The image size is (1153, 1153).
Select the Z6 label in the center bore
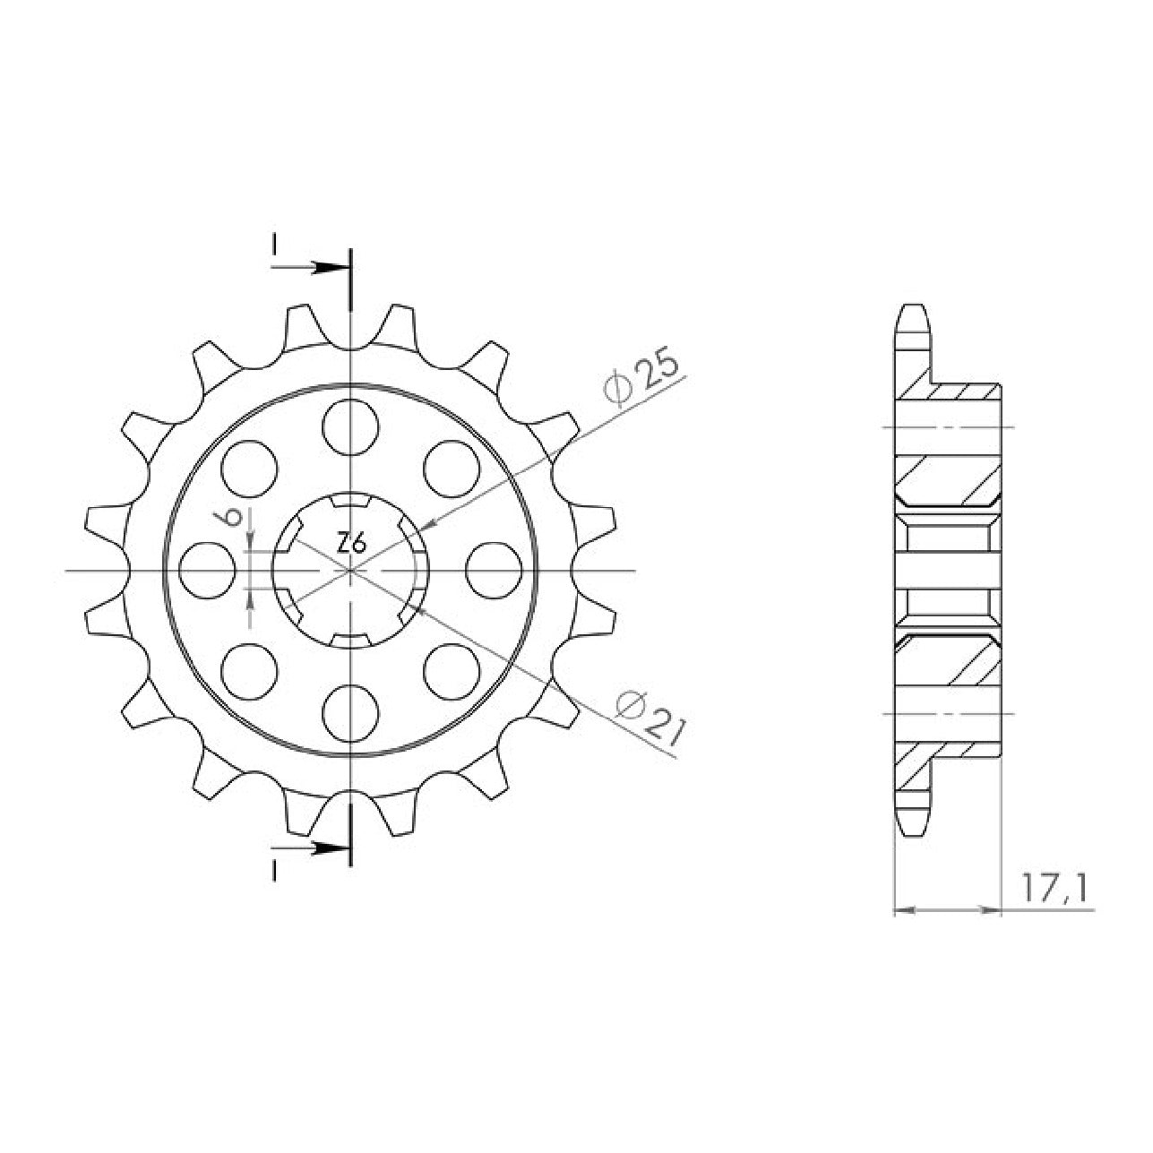[351, 545]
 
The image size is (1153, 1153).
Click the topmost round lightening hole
[350, 428]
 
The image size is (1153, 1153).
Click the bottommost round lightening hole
[350, 713]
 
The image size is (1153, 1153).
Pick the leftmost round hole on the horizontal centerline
[207, 570]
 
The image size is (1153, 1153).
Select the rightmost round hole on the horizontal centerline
[493, 570]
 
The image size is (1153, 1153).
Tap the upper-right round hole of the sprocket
[452, 469]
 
